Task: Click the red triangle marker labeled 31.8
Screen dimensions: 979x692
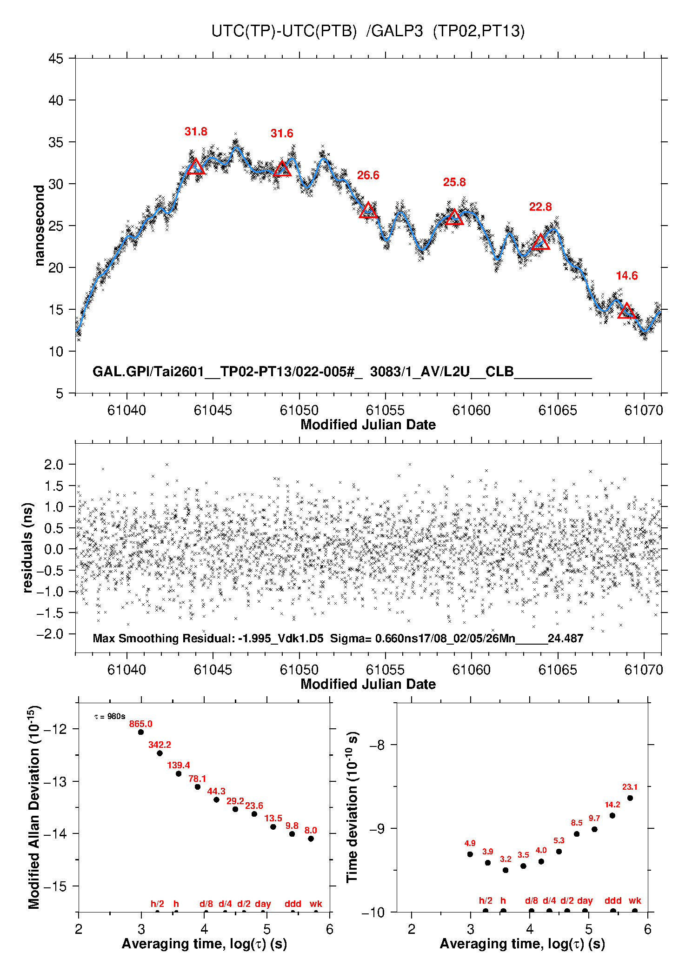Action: pos(195,167)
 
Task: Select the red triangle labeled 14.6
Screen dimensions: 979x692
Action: pos(626,311)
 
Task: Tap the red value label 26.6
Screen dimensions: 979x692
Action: pos(368,175)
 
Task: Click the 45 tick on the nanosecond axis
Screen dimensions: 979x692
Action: pos(56,59)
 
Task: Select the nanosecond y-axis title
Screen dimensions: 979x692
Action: pos(40,226)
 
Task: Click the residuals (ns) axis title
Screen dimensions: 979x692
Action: pos(28,547)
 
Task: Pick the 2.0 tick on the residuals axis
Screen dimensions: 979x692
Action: pos(53,465)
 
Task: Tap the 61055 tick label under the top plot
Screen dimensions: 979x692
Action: pos(385,410)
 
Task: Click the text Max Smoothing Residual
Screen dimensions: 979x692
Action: pos(163,638)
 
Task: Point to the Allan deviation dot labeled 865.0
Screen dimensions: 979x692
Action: pos(141,732)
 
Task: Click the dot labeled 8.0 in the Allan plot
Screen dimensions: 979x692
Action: pos(311,839)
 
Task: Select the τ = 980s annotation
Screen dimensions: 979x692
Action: pos(110,717)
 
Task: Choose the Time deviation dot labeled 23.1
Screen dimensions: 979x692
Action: pos(630,798)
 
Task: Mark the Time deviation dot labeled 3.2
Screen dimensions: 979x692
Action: pos(506,870)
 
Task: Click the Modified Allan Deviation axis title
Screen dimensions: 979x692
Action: pos(34,807)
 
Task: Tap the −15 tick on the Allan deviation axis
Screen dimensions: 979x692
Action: pos(55,886)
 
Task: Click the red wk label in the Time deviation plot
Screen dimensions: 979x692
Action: pos(635,901)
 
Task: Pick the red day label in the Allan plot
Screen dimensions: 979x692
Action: pos(263,904)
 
